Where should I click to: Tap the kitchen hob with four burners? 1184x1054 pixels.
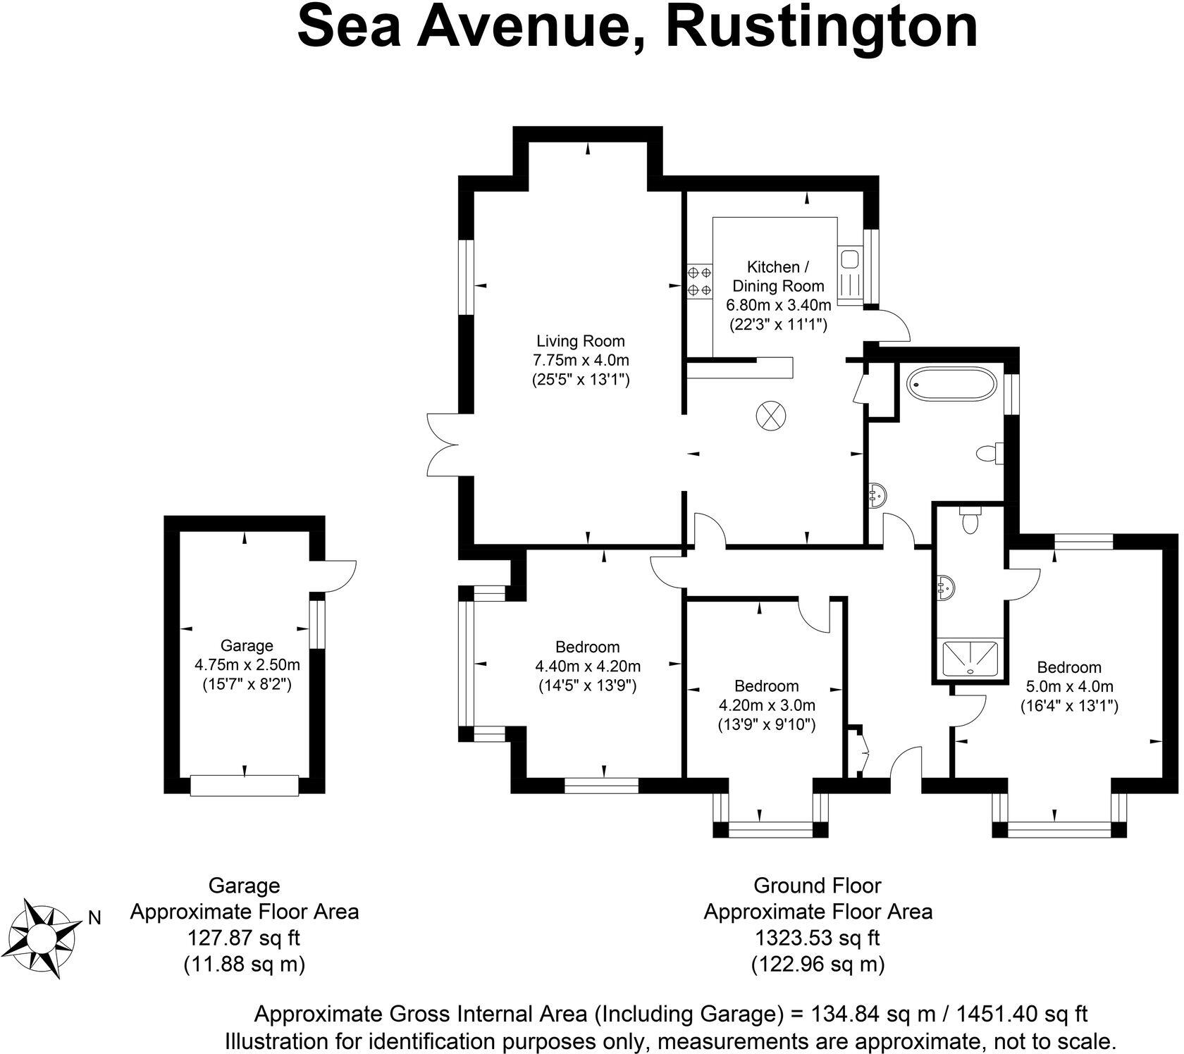pos(699,280)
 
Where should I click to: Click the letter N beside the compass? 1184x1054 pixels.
pos(94,918)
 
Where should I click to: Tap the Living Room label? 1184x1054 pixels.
pos(580,342)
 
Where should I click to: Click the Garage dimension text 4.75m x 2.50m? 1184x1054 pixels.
pos(247,664)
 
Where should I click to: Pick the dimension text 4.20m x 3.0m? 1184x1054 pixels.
pos(766,705)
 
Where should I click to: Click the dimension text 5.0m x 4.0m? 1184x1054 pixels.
pos(1069,686)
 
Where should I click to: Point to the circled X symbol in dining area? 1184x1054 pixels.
pos(770,414)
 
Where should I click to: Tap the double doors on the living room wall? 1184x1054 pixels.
pos(443,445)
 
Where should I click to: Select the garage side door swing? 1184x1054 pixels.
pos(339,575)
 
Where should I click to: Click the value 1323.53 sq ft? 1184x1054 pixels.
pos(818,938)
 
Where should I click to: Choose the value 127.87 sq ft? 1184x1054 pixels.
pos(244,938)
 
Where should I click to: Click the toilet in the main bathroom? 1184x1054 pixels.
pos(991,453)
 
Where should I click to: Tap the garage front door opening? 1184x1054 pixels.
pos(245,786)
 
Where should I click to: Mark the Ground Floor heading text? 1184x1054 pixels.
pos(818,885)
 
